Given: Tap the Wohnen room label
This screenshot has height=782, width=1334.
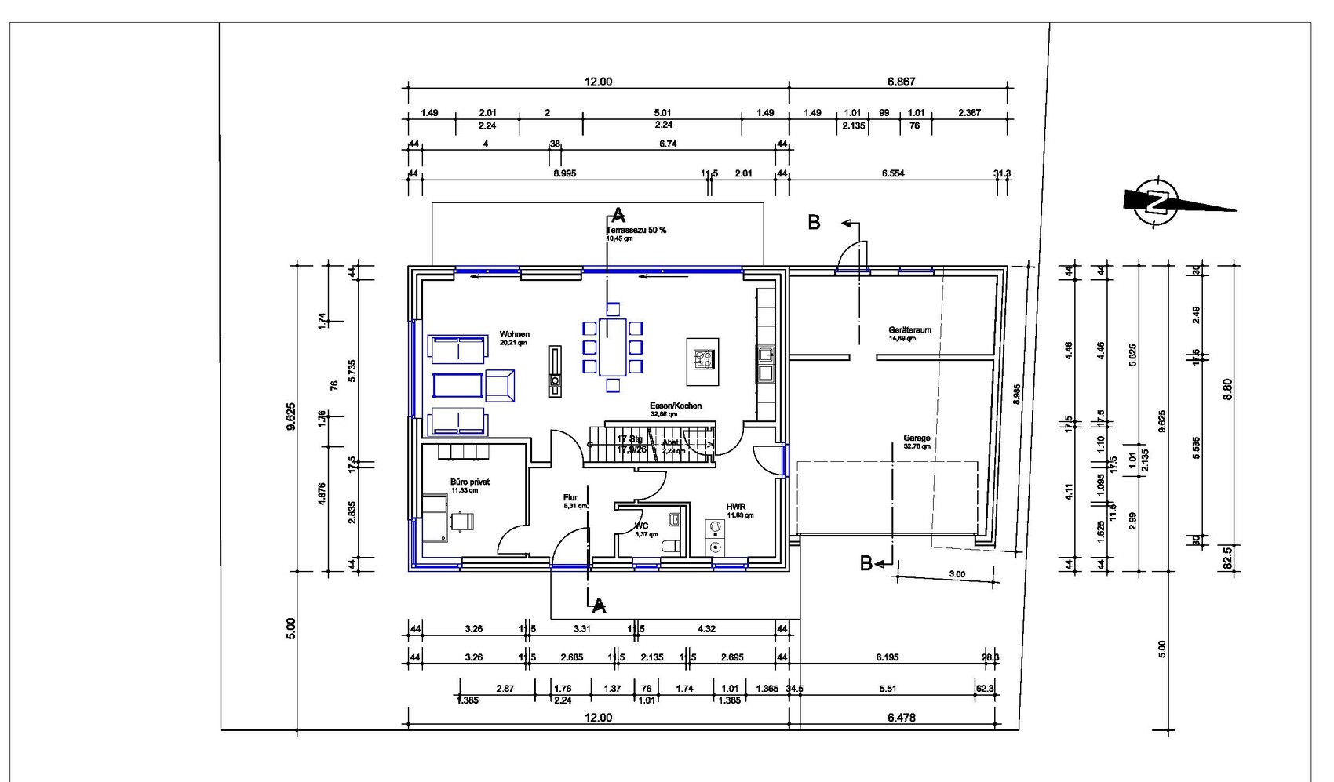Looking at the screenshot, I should [514, 335].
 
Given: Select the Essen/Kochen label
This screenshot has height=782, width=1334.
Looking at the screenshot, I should [675, 406].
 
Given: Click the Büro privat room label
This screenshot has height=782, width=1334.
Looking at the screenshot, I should [469, 482].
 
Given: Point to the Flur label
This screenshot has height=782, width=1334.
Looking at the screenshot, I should [570, 498].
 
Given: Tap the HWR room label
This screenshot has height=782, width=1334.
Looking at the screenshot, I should [734, 507].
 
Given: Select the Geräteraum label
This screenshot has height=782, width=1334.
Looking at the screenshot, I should [909, 330].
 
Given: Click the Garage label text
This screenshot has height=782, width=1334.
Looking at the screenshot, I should [916, 438].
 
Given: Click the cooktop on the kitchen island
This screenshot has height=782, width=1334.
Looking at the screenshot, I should [702, 360].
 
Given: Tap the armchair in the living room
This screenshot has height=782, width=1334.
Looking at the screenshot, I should [500, 385].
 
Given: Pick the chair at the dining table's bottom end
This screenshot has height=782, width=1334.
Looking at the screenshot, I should [613, 385].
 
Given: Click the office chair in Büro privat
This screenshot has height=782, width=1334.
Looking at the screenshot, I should [463, 521].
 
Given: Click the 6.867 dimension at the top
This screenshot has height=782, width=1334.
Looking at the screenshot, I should [901, 82].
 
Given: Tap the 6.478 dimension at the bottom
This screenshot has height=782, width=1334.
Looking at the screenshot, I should [900, 717].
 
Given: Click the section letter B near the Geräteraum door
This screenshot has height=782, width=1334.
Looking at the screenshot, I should [814, 223].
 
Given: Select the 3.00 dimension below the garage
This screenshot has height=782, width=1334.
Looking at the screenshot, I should [957, 574].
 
